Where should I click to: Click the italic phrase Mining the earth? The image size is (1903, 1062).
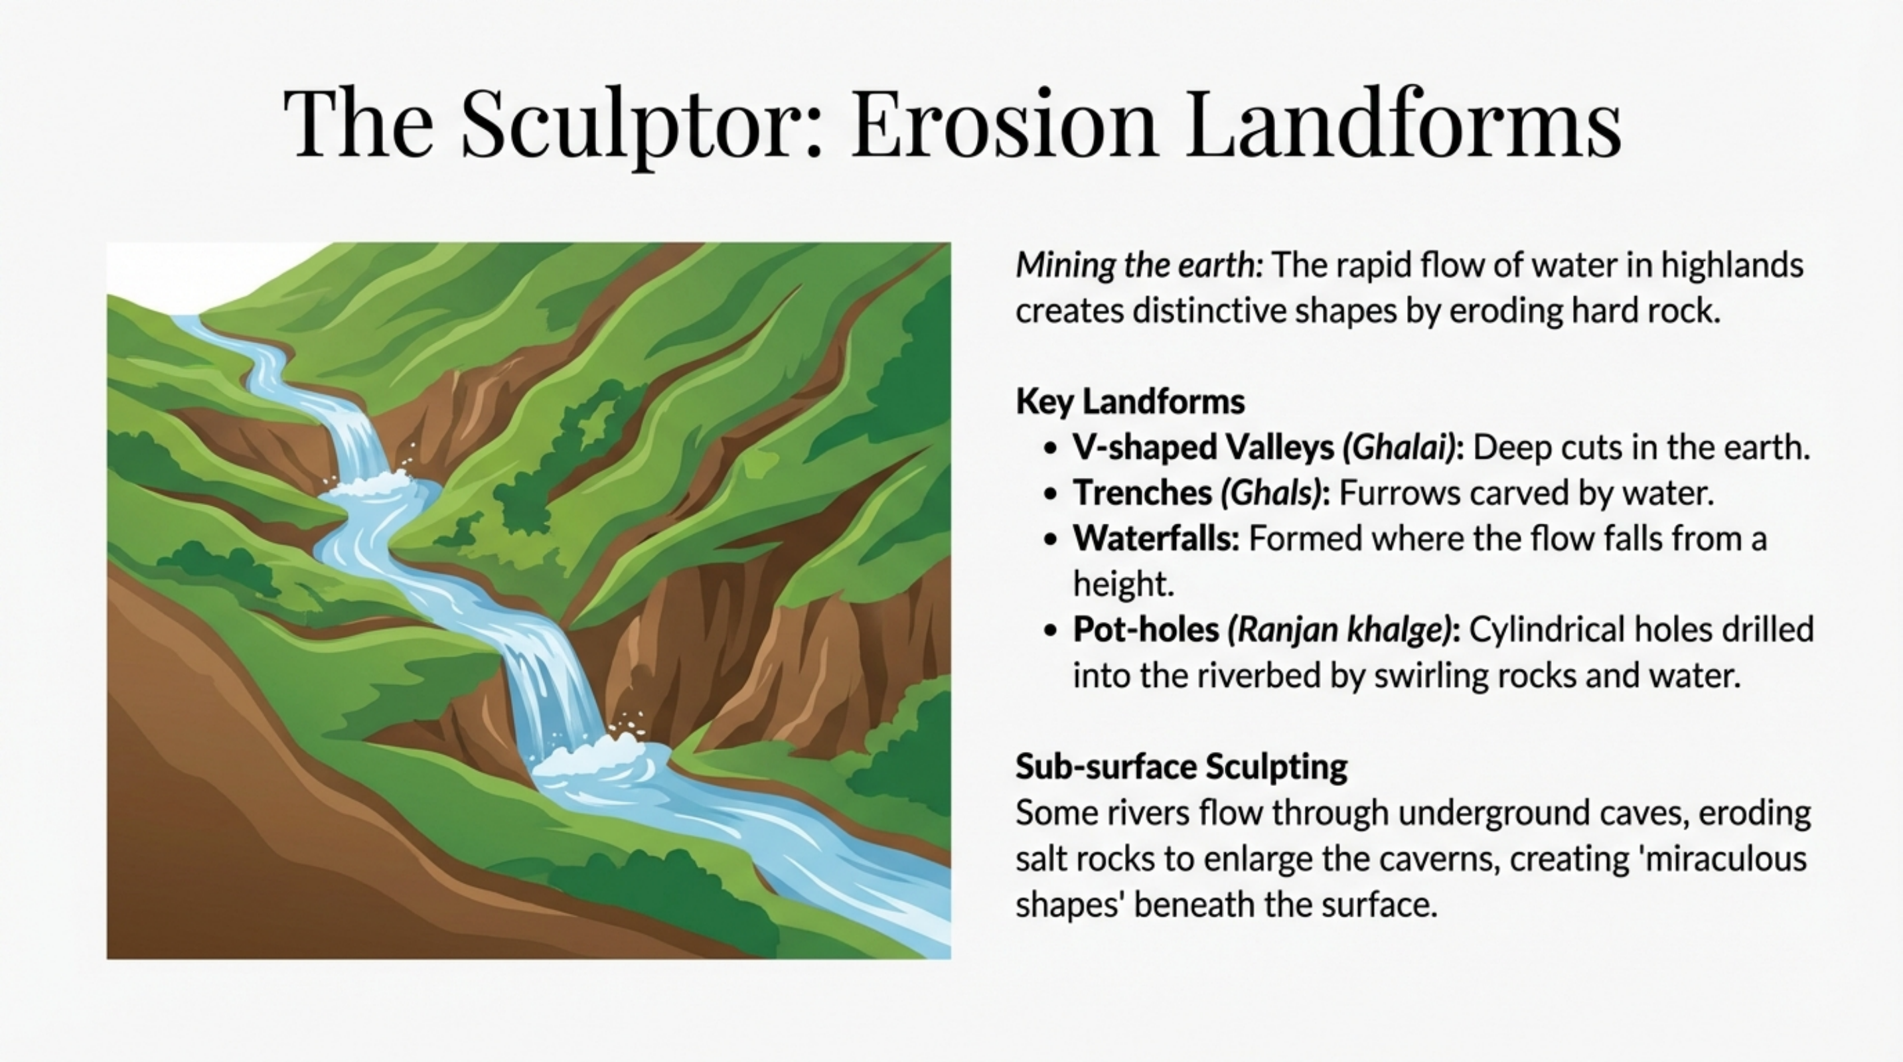pos(1138,265)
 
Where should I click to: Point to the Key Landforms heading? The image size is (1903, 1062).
pos(1130,402)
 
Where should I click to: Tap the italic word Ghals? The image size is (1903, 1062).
pos(1270,493)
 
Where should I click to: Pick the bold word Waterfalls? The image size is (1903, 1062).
pos(1156,539)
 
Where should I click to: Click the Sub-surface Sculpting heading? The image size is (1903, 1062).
pos(1181,767)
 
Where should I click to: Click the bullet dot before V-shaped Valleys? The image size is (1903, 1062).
pos(1051,448)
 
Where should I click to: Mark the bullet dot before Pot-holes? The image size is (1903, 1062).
pos(1051,631)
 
